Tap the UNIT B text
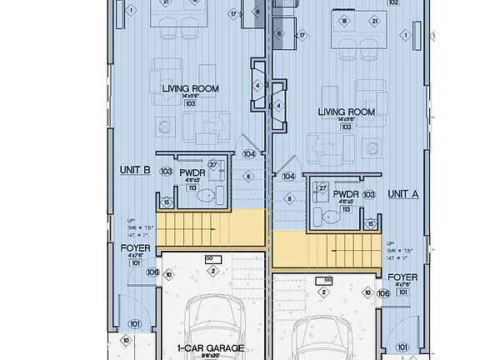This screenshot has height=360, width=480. point(135,170)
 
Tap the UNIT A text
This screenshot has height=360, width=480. point(403,193)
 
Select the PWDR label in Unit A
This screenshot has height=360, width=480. point(345,194)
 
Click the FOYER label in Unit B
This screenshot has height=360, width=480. point(135,248)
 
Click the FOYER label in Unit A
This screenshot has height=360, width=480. point(402,277)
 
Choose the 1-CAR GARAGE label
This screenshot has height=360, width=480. point(210,348)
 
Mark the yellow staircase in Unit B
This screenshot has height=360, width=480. point(211,227)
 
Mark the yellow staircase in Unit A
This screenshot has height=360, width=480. point(327,248)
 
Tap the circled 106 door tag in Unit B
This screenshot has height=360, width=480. point(152,272)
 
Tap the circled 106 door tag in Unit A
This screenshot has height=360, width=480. point(382,292)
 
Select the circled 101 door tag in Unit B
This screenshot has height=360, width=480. point(135,324)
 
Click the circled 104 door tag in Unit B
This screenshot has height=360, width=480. point(248,153)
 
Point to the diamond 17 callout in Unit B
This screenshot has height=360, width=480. point(233,14)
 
